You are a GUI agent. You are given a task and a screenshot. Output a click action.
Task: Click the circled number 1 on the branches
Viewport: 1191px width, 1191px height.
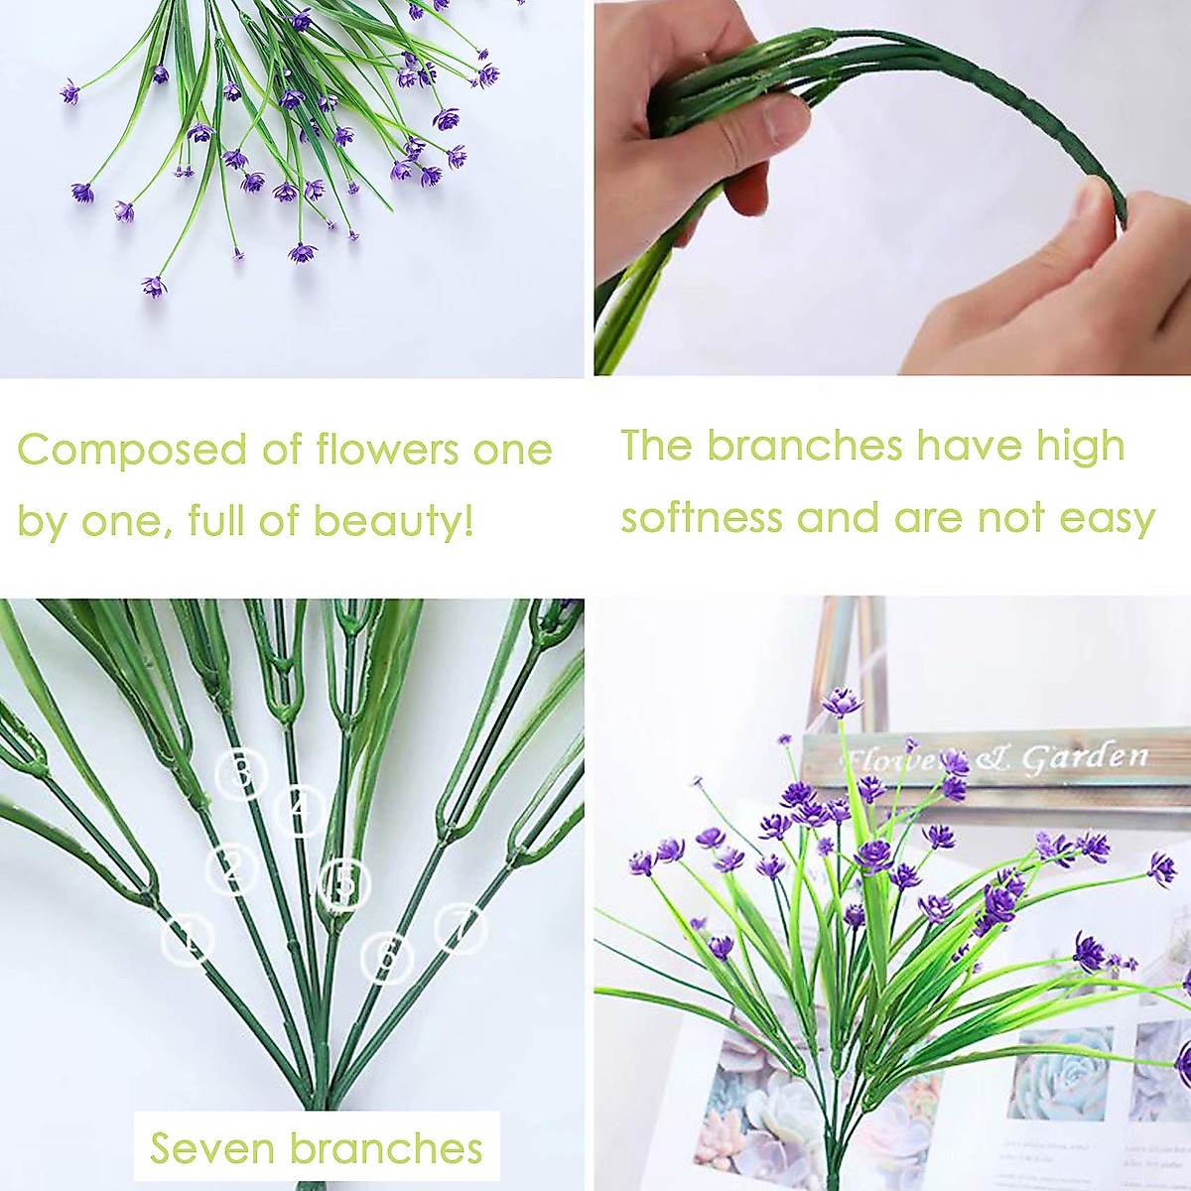click(188, 938)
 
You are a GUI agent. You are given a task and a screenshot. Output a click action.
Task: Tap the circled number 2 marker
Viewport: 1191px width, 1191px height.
click(232, 869)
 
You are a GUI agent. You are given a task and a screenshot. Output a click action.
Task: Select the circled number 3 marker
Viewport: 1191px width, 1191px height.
click(241, 774)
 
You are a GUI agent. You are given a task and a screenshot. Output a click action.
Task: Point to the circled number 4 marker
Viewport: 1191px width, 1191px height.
click(301, 810)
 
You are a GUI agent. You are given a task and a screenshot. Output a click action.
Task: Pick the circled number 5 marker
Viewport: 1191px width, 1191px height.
click(344, 883)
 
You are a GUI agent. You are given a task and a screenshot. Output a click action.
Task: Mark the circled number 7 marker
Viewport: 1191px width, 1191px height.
click(460, 929)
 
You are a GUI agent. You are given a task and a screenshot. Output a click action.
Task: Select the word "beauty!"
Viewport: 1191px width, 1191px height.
click(393, 521)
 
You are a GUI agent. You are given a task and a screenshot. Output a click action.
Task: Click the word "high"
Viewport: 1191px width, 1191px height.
click(1081, 448)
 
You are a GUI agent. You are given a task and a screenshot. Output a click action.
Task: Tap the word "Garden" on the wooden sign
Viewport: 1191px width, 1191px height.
click(1085, 759)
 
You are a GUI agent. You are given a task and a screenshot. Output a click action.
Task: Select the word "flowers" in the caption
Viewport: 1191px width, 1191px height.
click(387, 450)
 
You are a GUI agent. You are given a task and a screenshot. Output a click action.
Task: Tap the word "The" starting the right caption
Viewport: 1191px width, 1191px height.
click(656, 447)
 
